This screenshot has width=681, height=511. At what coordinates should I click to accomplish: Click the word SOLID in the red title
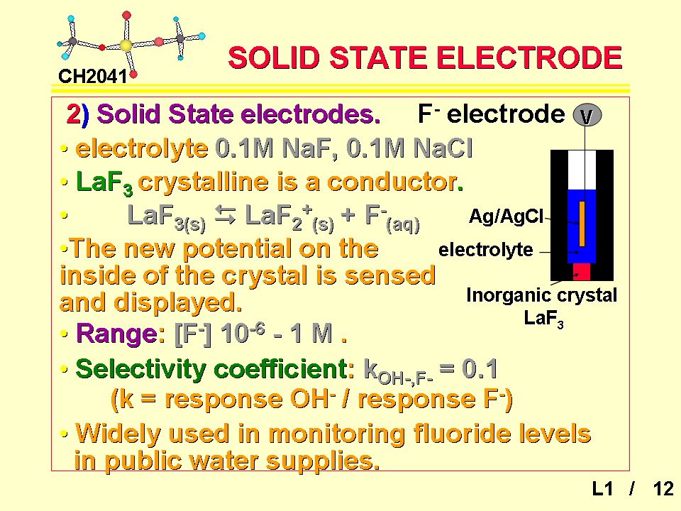[x=274, y=57]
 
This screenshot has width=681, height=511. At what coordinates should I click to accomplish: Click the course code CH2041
[x=92, y=77]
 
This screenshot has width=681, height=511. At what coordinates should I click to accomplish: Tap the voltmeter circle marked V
[x=587, y=115]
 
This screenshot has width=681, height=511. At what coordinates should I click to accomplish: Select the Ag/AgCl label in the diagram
[x=506, y=216]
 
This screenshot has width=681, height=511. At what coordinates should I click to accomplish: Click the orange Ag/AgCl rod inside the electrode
[x=582, y=224]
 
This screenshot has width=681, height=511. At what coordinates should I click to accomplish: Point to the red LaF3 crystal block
[x=582, y=272]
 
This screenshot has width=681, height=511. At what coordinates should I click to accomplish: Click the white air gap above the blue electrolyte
[x=582, y=170]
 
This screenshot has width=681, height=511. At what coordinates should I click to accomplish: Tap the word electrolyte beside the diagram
[x=485, y=250]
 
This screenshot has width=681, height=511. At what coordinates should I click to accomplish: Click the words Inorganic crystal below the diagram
[x=541, y=295]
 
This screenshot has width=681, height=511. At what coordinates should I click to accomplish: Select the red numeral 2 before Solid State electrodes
[x=73, y=114]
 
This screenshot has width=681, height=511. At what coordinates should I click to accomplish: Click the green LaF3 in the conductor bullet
[x=104, y=182]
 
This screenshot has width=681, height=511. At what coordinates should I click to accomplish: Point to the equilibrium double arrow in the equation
[x=225, y=216]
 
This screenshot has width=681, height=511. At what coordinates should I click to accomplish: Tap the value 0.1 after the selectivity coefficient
[x=480, y=369]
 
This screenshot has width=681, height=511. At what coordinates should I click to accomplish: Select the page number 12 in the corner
[x=663, y=489]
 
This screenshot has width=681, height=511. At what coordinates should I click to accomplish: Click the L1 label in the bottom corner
[x=602, y=489]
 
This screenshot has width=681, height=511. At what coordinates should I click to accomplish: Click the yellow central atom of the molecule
[x=126, y=45]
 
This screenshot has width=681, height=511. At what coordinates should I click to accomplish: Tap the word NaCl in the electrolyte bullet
[x=443, y=148]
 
